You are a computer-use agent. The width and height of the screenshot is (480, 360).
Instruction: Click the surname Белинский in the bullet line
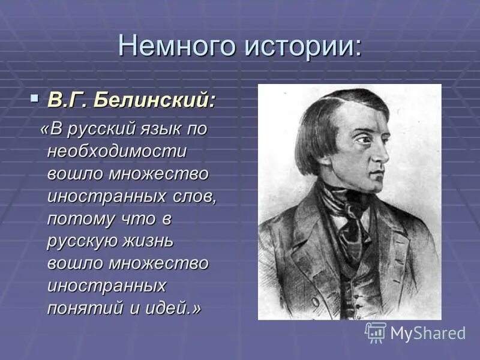(x=155, y=100)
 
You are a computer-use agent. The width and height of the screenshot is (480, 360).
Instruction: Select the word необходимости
(x=116, y=151)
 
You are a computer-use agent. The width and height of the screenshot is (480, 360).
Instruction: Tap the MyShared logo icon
(x=376, y=332)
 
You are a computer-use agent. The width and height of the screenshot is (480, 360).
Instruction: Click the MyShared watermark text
(x=428, y=333)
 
